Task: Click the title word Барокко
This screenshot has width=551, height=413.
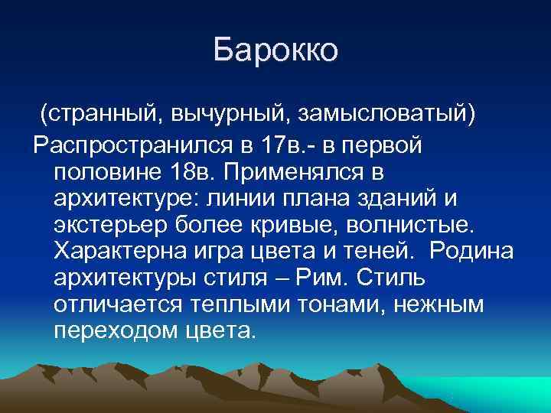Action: tap(275, 50)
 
